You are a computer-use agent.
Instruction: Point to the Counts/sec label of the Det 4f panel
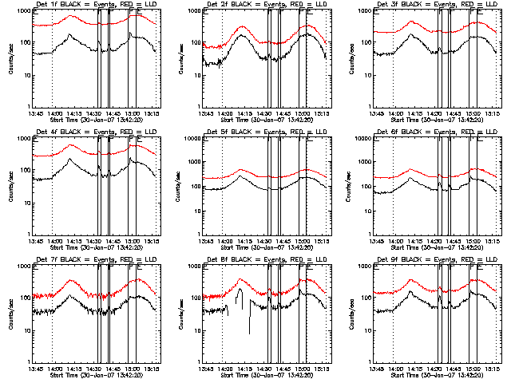[x=10, y=186]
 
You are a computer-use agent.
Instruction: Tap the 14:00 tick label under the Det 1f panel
[x=53, y=113]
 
